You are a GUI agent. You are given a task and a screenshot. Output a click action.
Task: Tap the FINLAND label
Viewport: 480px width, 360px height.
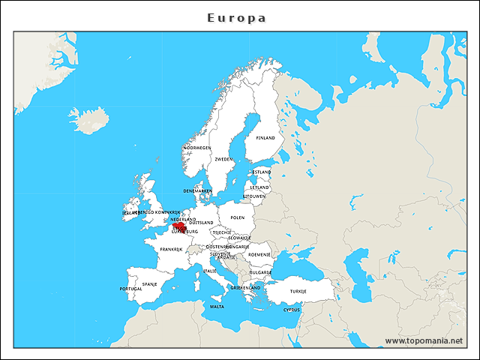[265, 138]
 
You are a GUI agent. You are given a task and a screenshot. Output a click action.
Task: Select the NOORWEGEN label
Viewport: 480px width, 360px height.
[196, 148]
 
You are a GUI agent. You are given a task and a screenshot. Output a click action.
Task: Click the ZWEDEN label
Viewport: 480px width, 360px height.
[223, 159]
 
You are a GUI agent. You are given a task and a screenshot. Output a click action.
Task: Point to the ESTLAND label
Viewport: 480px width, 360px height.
[262, 172]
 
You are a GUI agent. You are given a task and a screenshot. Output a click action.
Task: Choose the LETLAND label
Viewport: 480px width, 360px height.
[259, 187]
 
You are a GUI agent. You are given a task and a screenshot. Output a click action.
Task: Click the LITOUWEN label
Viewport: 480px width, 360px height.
[254, 196]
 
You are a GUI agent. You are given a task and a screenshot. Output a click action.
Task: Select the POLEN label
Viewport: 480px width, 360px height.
[238, 217]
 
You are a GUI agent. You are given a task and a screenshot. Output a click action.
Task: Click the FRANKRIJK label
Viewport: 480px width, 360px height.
[171, 249]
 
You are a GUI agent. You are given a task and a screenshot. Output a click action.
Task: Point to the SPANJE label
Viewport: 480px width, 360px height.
[150, 284]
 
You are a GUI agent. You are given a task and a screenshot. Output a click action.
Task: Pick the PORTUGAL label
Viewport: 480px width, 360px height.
[130, 289]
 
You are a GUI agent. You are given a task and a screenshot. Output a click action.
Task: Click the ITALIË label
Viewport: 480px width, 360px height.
[210, 270]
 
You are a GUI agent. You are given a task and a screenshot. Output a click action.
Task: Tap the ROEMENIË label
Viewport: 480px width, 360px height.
[259, 254]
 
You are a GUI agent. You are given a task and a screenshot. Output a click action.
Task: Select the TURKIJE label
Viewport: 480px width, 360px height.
[299, 290]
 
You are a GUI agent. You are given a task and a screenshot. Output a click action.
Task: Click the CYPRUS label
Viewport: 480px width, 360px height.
[292, 309]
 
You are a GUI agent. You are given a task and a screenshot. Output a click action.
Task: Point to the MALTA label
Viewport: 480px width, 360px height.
[217, 306]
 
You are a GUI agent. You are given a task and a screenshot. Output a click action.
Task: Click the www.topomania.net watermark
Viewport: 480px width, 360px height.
[424, 340]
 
